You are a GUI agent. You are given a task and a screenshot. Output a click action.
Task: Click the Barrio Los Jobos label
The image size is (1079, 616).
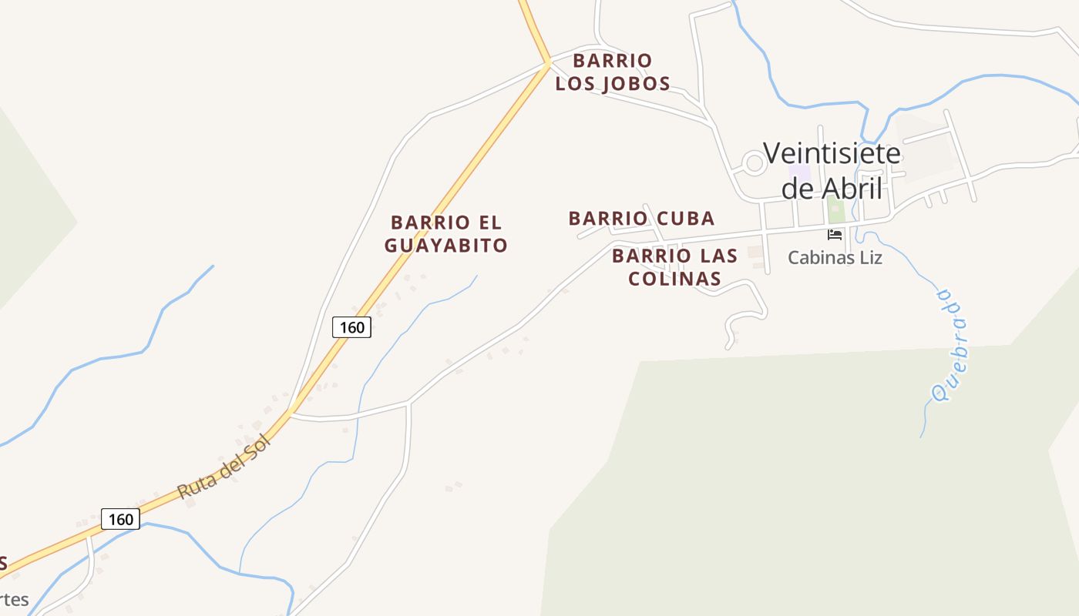click(613, 72)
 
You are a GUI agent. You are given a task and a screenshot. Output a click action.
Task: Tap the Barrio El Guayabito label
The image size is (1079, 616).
click(446, 234)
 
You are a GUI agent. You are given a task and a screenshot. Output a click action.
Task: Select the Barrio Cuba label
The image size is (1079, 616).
click(641, 219)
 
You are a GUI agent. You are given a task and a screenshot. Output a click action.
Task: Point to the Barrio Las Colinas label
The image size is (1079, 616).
click(674, 266)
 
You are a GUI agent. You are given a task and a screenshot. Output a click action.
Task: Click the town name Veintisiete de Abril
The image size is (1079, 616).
click(832, 170)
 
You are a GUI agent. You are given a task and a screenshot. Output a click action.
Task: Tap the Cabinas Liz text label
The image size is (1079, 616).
click(835, 257)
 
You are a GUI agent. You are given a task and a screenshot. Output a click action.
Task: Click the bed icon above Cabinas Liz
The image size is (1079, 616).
click(835, 233)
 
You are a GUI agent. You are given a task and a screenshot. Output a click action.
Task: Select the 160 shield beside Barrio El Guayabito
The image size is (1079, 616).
click(351, 327)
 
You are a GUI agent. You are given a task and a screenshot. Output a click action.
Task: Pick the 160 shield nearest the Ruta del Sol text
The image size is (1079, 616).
click(121, 519)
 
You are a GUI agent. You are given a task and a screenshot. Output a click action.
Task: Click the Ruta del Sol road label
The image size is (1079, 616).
click(224, 467)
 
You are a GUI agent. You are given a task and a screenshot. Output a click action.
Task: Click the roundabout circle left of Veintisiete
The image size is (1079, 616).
click(755, 163)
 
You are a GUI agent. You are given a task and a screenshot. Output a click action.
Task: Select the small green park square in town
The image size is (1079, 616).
click(835, 209)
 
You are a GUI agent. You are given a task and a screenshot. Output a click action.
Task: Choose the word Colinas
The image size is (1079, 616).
click(674, 278)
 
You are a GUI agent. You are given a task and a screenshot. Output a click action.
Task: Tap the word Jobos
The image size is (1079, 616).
click(636, 83)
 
